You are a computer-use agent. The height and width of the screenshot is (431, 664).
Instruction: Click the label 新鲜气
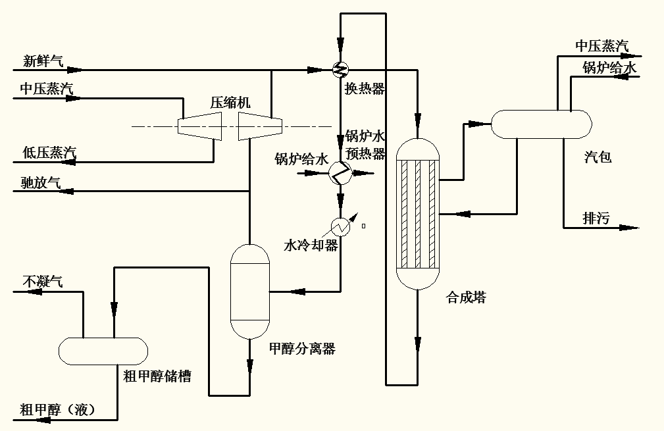point(43,62)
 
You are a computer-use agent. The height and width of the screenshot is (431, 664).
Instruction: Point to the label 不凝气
point(43,282)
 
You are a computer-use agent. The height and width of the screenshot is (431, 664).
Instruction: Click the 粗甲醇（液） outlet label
point(58,410)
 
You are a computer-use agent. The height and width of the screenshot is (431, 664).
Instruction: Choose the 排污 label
point(597,218)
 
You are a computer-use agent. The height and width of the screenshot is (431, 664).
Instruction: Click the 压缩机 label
point(230,103)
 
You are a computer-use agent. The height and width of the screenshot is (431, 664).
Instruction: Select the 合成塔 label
point(466,297)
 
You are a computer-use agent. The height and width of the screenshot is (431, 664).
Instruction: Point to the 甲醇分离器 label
point(302,349)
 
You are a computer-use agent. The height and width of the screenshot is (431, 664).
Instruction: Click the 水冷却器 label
point(311,245)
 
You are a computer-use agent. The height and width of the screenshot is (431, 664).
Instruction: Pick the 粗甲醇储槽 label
point(157,376)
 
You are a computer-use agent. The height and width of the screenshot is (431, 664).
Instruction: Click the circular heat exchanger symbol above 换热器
point(341,68)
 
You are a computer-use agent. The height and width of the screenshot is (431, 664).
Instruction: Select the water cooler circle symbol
point(341,227)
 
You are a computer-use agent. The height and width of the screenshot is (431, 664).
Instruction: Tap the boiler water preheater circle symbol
point(340,173)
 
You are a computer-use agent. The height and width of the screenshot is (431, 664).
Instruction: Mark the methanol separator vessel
point(250,291)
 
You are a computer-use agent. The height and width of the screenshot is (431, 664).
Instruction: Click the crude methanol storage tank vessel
point(103,351)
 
